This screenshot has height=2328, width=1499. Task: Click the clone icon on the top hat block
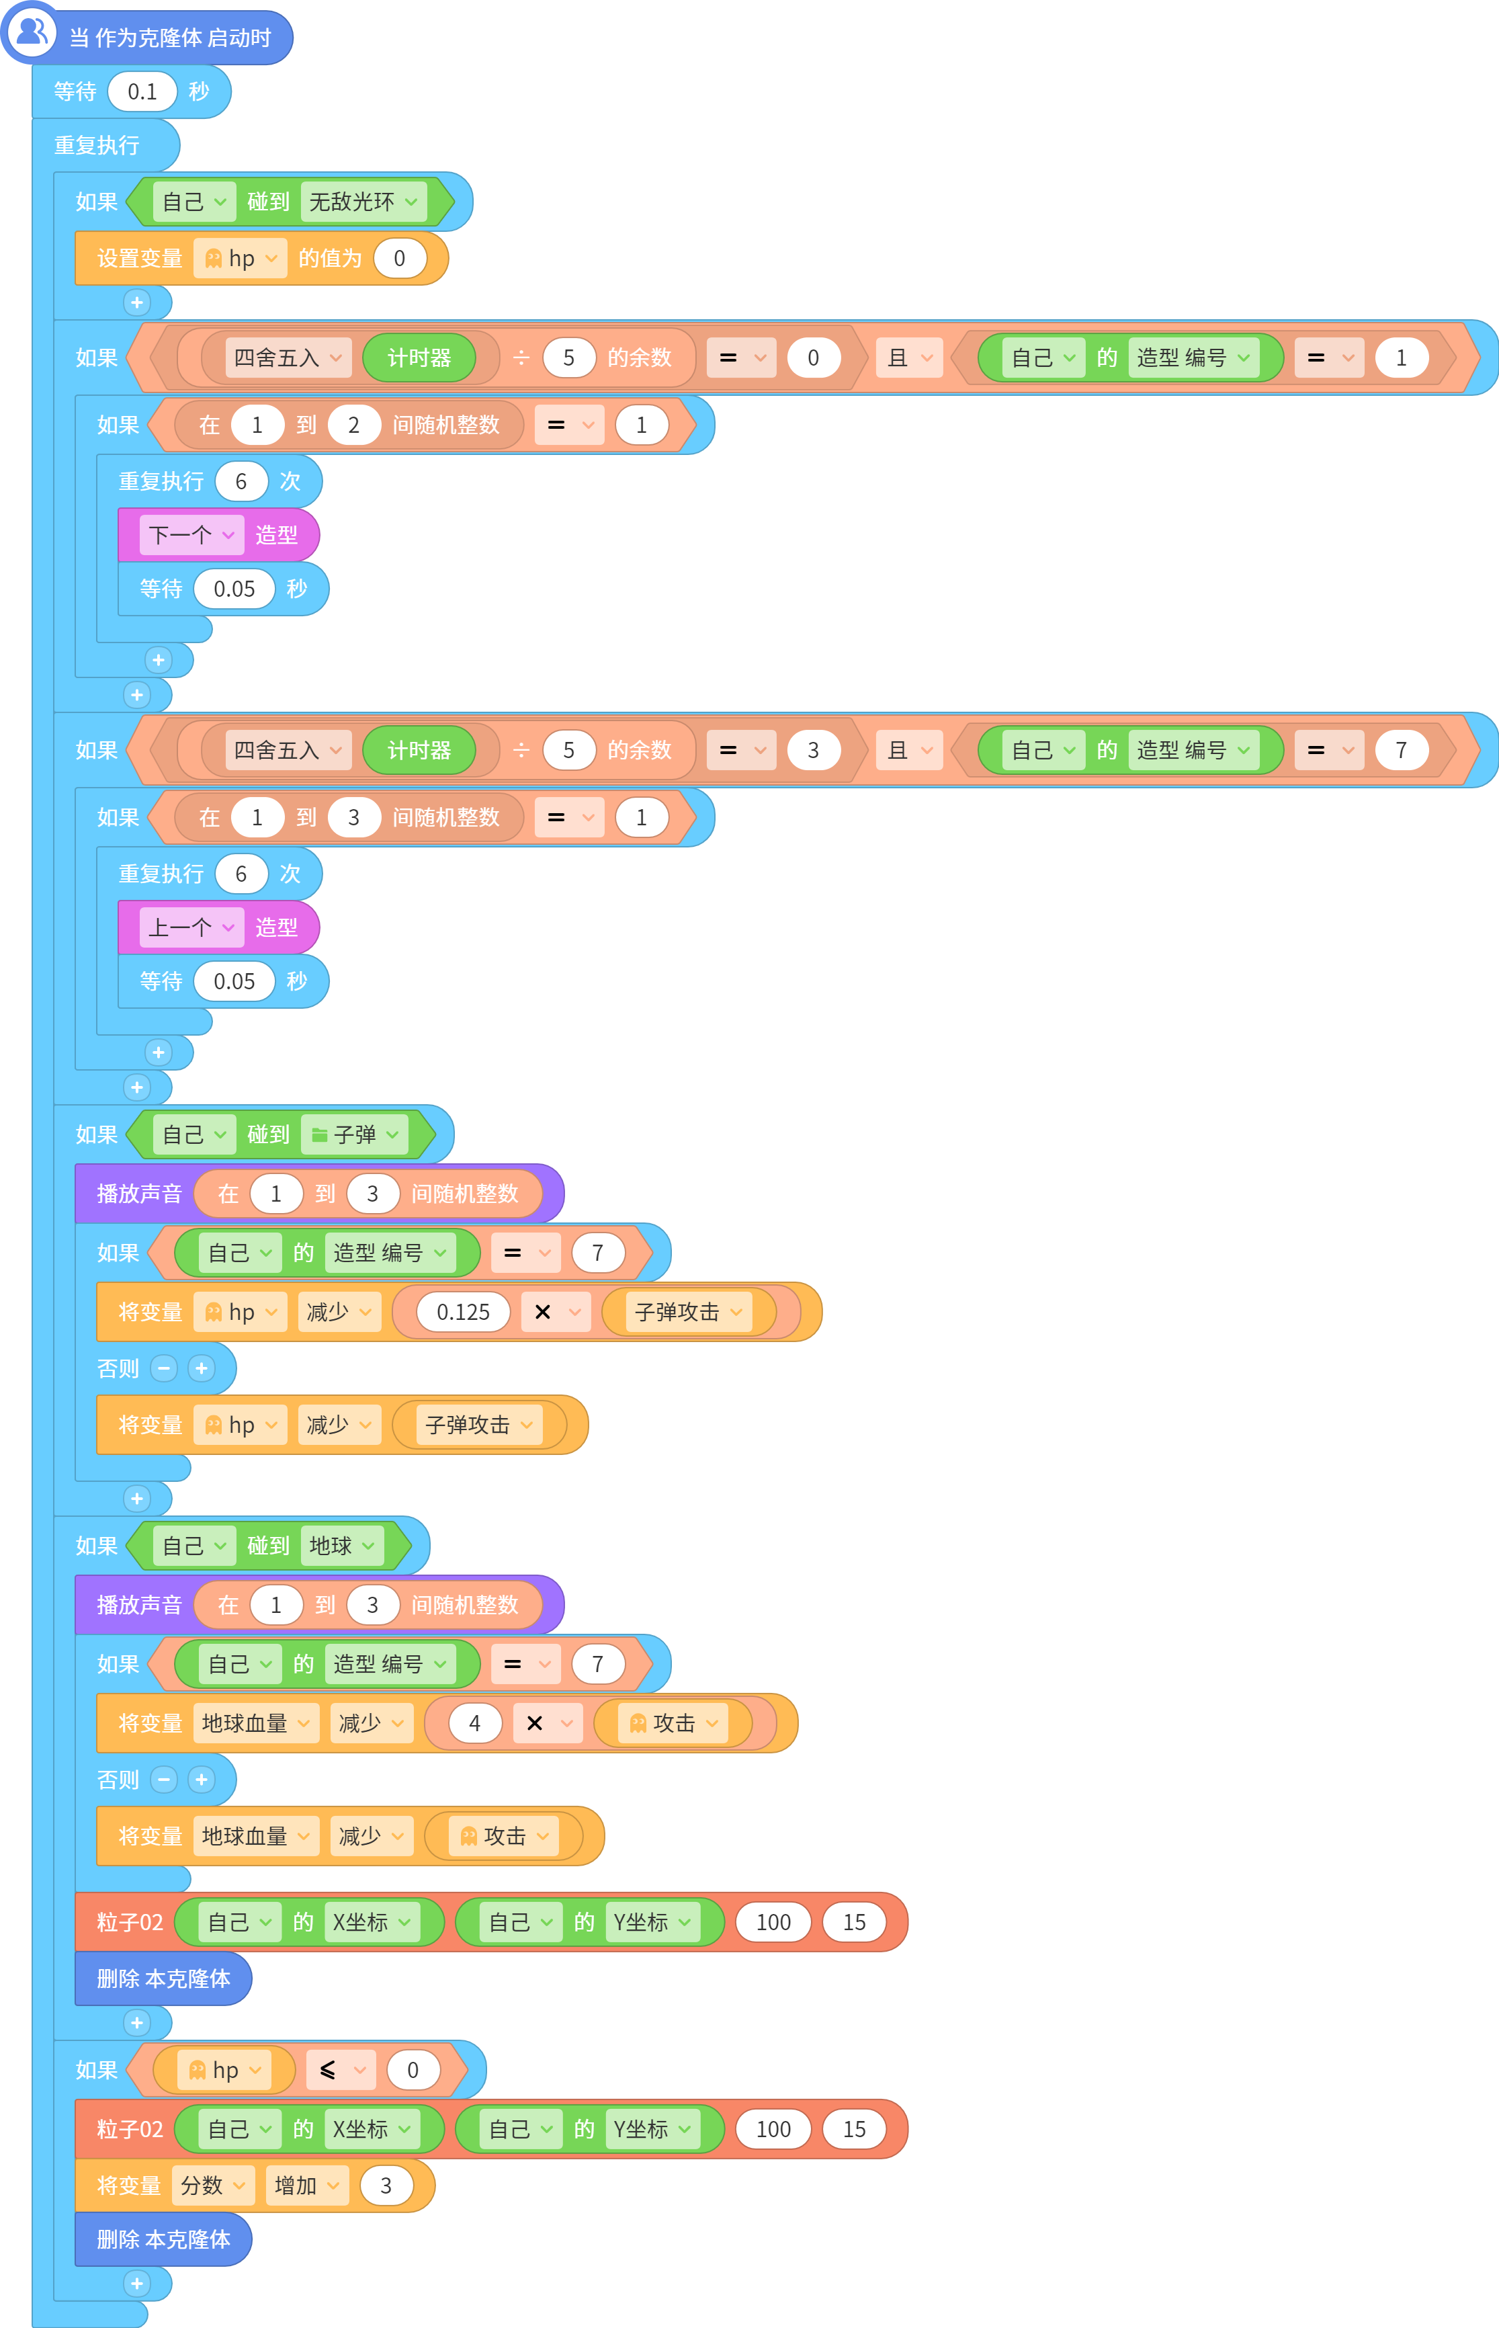[32, 33]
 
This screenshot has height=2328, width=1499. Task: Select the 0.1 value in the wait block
[142, 91]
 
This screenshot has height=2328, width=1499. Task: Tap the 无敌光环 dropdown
[363, 202]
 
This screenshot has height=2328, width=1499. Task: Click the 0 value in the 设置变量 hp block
[399, 258]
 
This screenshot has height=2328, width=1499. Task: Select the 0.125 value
[464, 1311]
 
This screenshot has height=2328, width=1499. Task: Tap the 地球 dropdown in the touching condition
[341, 1545]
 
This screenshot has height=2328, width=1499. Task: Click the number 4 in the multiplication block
[475, 1722]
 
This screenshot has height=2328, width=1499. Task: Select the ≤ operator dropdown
[341, 2069]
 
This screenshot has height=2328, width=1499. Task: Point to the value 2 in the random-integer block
[353, 425]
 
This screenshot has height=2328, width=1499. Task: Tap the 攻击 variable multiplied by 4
[673, 1722]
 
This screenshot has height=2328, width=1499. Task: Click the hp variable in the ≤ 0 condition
[224, 2069]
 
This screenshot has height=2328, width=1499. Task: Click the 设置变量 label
[139, 258]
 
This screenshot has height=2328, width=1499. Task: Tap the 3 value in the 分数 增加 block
[386, 2185]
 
